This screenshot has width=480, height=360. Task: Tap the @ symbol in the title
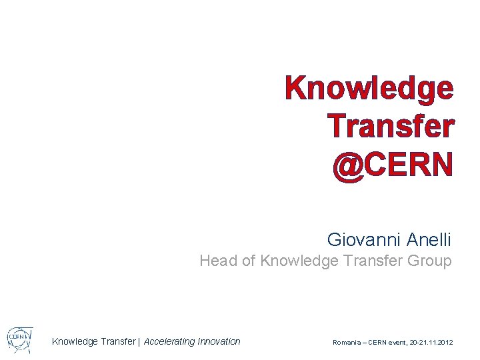348,165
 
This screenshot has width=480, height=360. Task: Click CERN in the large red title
409,165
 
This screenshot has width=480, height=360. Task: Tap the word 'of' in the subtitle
248,261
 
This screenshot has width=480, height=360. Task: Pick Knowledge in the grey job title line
299,261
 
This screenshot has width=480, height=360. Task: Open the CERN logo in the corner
19,340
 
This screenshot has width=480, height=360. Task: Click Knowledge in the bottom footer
74,342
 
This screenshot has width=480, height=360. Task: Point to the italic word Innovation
219,342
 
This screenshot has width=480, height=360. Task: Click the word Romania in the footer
346,343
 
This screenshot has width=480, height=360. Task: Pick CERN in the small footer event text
377,343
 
